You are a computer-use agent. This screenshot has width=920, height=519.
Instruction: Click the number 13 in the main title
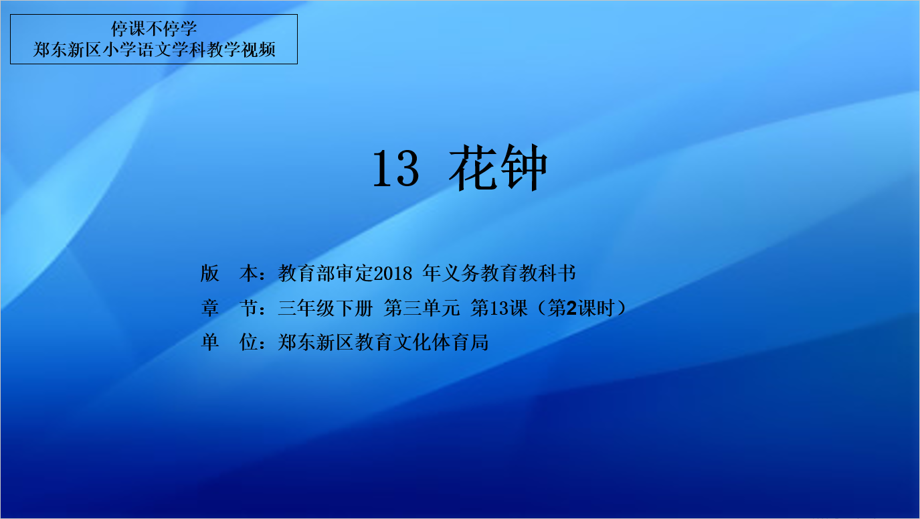[x=396, y=169]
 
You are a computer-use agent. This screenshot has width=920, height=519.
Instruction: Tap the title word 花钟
[x=498, y=167]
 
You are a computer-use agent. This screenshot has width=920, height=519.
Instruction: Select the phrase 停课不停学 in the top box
[x=154, y=29]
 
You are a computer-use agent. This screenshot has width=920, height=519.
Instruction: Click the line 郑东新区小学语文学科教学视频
[x=154, y=50]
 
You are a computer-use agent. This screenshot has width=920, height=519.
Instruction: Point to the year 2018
[x=393, y=274]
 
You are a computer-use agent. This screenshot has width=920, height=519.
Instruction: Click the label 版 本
[x=229, y=274]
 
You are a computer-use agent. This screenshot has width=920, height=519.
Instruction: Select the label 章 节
[x=229, y=308]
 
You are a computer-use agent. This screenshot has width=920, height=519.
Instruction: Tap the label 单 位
[x=229, y=342]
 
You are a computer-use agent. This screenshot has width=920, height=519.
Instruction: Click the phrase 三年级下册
[x=325, y=308]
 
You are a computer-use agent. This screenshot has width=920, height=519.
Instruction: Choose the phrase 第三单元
[x=422, y=308]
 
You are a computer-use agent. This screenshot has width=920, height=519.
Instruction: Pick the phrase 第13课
[x=499, y=308]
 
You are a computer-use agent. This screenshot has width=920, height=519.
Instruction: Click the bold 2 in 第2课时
[x=571, y=308]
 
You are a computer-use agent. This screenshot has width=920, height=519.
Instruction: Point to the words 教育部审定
[x=326, y=274]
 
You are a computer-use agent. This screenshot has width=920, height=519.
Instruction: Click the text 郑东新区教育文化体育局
[x=383, y=342]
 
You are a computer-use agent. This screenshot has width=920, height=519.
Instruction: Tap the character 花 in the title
[x=474, y=167]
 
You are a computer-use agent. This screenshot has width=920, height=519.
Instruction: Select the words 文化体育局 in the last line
[x=441, y=342]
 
